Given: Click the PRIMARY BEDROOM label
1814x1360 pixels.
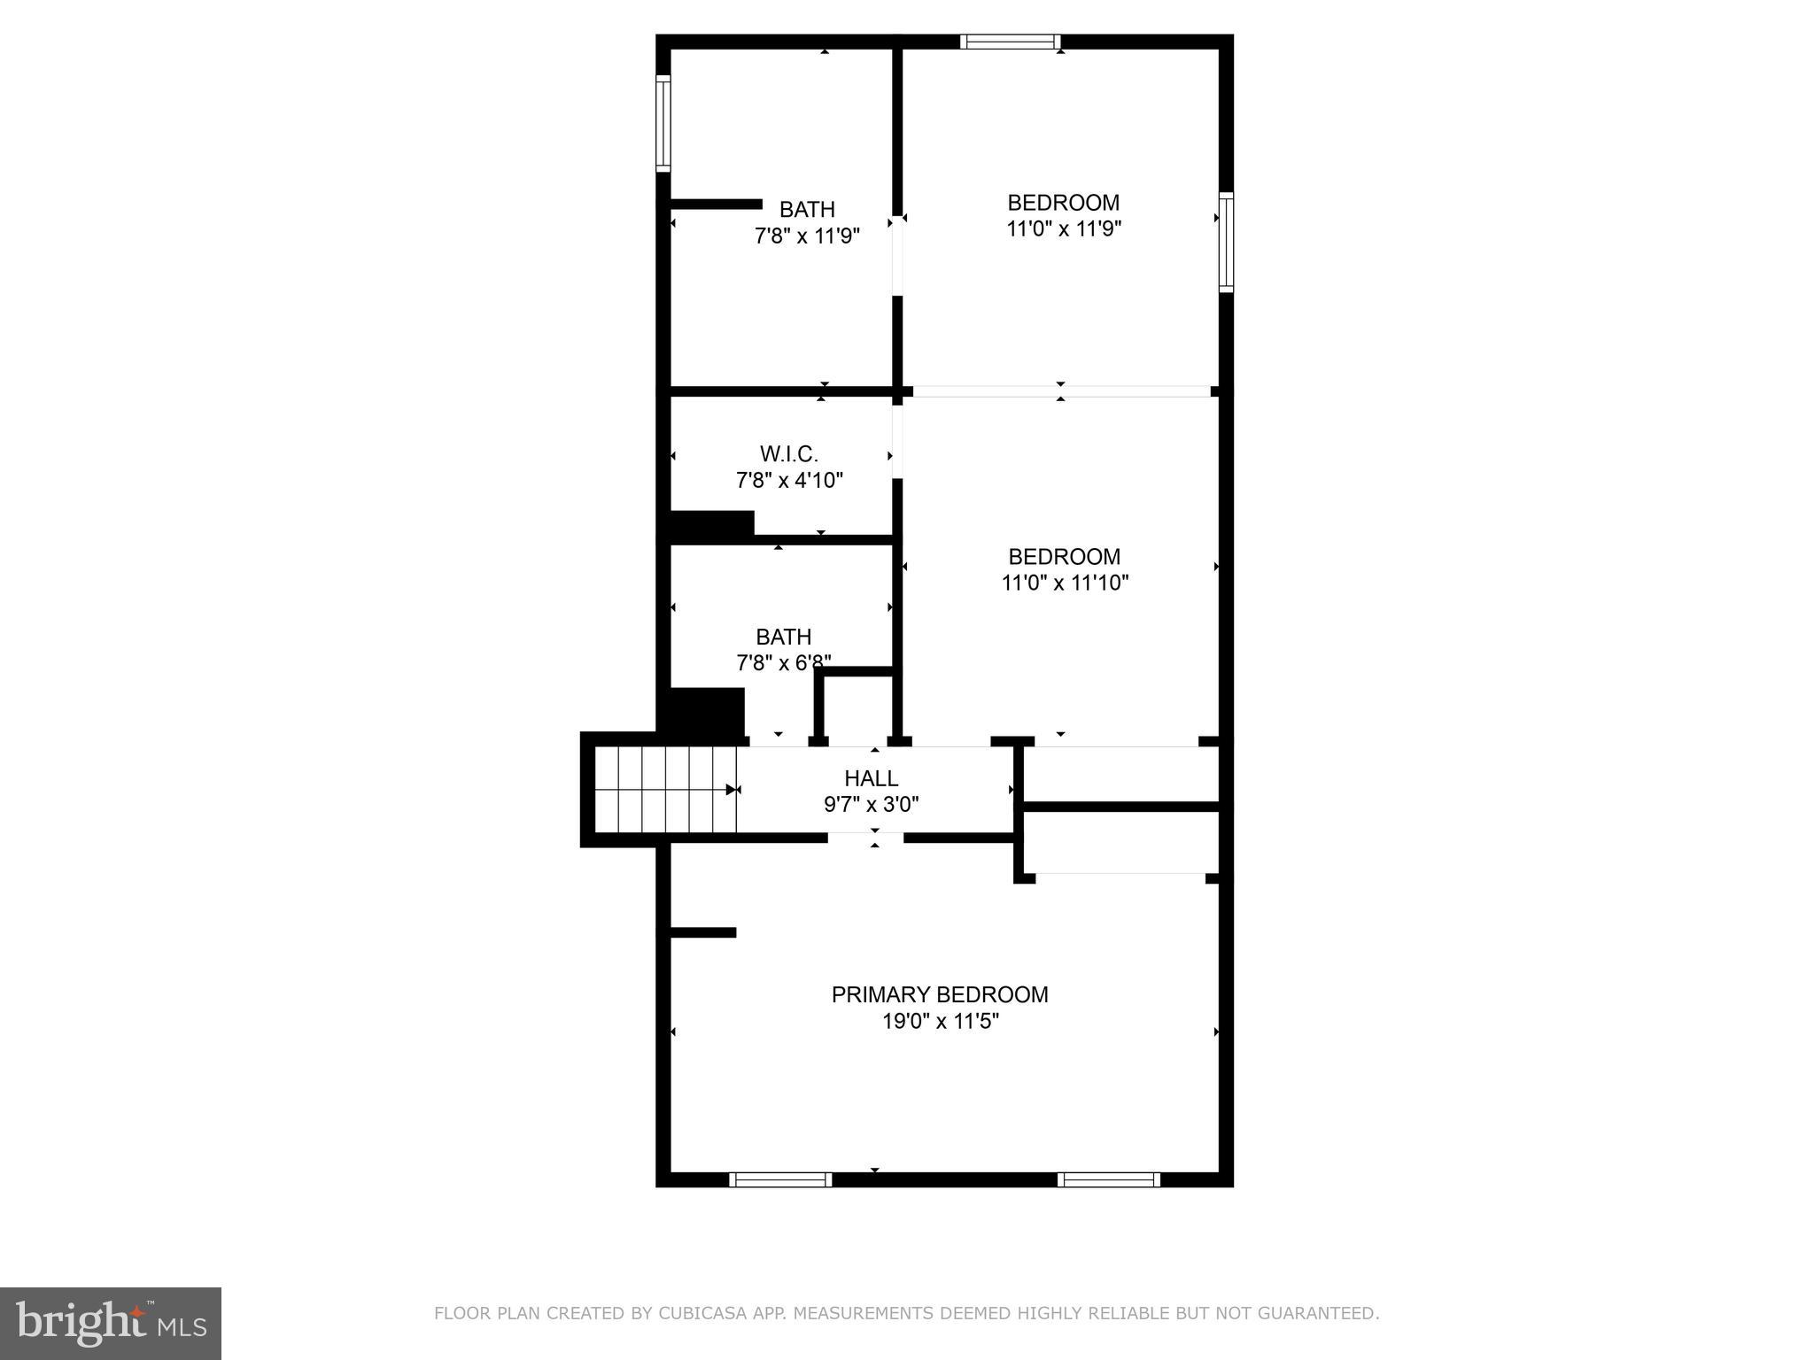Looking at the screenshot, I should click(x=939, y=994).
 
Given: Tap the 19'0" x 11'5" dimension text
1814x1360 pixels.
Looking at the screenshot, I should click(x=940, y=1021).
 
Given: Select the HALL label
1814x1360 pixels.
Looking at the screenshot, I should click(x=871, y=778).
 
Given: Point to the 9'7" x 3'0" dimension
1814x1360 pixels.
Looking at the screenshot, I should click(x=871, y=805).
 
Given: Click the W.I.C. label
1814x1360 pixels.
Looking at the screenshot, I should click(x=788, y=454).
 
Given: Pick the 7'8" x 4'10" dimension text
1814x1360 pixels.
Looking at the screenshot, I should click(x=788, y=481).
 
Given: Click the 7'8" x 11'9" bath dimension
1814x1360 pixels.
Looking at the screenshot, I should click(x=806, y=236).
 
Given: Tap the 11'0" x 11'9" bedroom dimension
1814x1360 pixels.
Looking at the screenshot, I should click(x=1063, y=229).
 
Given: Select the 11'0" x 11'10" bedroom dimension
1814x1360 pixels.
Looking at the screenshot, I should click(x=1064, y=583).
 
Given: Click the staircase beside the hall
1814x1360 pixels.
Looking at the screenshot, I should click(x=664, y=790).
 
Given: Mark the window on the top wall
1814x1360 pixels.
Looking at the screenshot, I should click(x=1011, y=42).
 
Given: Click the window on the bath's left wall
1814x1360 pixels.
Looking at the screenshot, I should click(x=663, y=122).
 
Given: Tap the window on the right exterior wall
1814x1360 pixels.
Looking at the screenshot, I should click(x=1226, y=242).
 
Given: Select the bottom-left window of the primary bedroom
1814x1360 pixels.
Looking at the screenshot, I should click(x=779, y=1179).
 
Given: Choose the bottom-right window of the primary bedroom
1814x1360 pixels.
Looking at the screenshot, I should click(x=1108, y=1179).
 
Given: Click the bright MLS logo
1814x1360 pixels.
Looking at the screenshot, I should click(x=110, y=1323).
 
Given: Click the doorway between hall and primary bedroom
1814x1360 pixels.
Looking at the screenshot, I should click(x=865, y=837).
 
